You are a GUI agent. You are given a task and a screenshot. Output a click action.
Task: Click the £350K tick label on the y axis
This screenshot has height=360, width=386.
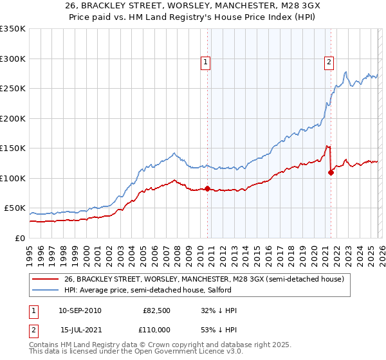pos(12,29)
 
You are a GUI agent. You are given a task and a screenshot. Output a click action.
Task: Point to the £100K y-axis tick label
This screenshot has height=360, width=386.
pos(12,178)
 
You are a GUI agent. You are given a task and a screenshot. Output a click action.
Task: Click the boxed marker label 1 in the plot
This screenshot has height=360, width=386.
pos(205,62)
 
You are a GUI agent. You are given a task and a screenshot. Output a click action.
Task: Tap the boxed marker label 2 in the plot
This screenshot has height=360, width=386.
pos(329,62)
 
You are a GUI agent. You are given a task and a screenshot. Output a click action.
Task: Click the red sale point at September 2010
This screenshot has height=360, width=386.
pos(207,188)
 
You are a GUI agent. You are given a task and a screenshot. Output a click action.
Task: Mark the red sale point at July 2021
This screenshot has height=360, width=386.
pos(331,172)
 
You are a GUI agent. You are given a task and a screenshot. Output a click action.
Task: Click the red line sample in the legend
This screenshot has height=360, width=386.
pos(46,279)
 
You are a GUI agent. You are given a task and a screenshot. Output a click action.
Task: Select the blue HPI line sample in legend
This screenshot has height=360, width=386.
pos(46,290)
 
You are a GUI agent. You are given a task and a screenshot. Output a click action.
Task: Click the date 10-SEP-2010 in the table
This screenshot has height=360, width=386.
pos(80,310)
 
